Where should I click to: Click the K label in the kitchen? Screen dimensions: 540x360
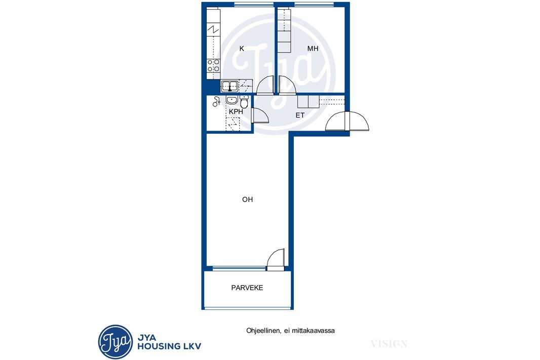click(242, 49)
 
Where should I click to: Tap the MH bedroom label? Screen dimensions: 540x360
click(313, 49)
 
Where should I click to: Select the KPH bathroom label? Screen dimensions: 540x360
click(236, 111)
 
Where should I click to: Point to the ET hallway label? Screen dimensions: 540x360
click(300, 115)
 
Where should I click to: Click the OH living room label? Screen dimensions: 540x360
click(248, 199)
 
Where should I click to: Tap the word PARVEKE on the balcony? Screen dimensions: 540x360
click(247, 288)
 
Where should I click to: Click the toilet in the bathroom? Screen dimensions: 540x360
click(244, 102)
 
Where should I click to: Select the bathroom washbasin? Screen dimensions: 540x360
click(232, 100)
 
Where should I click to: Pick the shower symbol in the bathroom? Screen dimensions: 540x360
click(216, 102)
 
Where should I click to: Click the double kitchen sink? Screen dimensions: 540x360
click(229, 86)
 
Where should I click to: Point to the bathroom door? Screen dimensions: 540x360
click(260, 115)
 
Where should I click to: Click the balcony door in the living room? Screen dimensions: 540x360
click(276, 258)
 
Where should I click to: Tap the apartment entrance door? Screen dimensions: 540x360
click(347, 121)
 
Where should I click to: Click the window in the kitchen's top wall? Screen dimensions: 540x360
click(254, 5)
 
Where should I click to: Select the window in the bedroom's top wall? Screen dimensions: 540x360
click(314, 5)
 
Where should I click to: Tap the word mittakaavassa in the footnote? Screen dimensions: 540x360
click(314, 331)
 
